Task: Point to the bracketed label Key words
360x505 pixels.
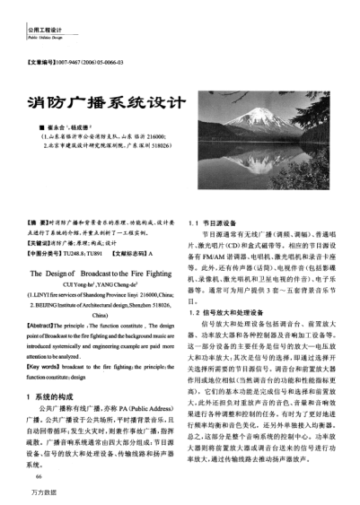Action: click(44, 368)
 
